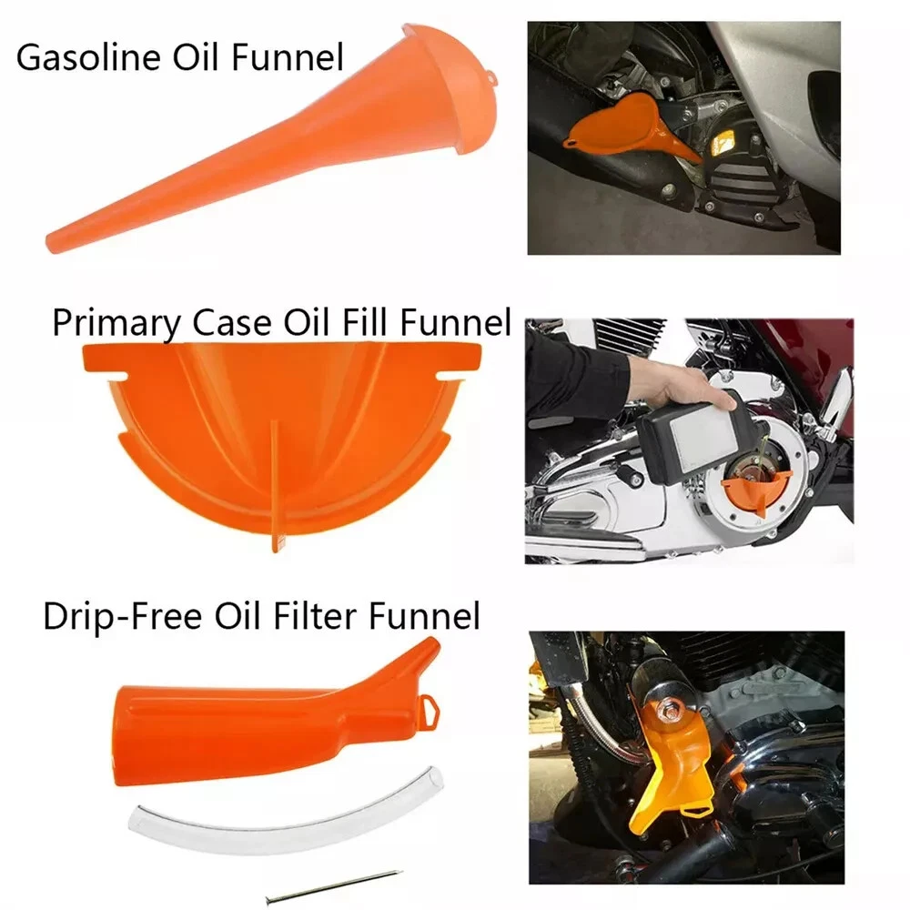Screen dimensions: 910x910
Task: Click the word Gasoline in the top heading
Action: tap(88, 57)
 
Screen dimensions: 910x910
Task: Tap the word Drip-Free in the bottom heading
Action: tap(123, 616)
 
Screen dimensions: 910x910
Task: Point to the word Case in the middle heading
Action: tap(231, 323)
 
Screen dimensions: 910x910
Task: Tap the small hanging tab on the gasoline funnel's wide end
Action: tap(491, 76)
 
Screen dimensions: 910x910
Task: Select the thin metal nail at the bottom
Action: tap(333, 886)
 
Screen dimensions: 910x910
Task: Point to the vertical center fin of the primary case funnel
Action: tap(276, 485)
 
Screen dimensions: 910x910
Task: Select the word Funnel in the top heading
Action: tap(288, 57)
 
